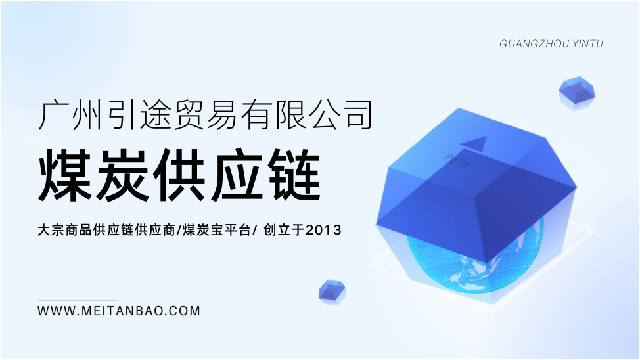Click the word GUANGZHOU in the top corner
(534, 43)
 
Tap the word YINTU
(587, 43)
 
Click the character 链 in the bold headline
(295, 175)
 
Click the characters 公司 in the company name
(341, 116)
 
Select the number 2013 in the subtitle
(323, 230)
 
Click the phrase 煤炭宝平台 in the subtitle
(217, 230)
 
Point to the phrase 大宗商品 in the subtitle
(64, 230)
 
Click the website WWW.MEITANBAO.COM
(119, 311)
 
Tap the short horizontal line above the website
(77, 300)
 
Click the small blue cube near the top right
(576, 93)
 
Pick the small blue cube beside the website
(332, 292)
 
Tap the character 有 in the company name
(256, 116)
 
